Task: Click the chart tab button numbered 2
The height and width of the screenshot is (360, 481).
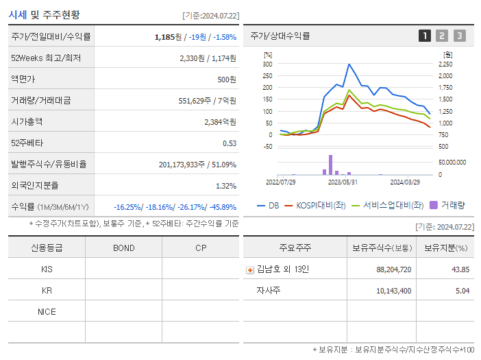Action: pos(442,36)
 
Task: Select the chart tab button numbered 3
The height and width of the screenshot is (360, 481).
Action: pos(459,36)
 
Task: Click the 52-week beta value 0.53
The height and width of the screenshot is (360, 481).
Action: pos(230,143)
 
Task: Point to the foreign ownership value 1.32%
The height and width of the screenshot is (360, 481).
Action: pos(225,185)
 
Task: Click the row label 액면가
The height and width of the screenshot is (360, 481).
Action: pos(23,79)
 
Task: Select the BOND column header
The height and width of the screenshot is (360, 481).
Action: pos(123,248)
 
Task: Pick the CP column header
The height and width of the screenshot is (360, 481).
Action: pos(201,248)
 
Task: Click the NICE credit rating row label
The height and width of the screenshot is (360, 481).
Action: pos(47,311)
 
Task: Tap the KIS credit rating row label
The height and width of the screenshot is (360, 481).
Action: pos(47,269)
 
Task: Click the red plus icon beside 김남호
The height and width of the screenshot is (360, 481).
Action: pos(250,269)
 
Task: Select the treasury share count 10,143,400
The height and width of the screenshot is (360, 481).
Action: pos(393,291)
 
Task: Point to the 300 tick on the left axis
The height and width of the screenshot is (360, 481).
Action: pos(267,64)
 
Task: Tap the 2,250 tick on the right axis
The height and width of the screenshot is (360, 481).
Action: pos(445,64)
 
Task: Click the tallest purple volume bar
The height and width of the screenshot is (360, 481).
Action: pos(330,165)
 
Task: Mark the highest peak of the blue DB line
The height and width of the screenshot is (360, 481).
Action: pos(349,64)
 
